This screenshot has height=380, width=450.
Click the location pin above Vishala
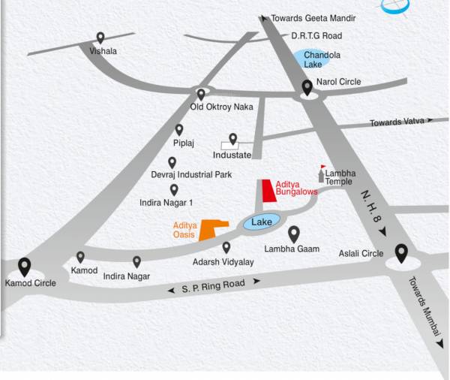(100, 38)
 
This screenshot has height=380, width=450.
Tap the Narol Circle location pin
(307, 88)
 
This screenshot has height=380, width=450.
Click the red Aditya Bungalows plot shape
(266, 191)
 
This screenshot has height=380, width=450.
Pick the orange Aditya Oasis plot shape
(211, 228)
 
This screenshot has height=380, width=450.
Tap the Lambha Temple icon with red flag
(322, 174)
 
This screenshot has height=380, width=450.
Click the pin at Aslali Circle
(401, 254)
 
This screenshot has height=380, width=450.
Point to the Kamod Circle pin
(25, 267)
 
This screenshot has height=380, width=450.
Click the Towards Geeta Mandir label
(313, 18)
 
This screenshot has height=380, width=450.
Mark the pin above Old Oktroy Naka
(201, 95)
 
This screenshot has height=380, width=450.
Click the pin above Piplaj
(179, 130)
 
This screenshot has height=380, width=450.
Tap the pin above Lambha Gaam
(294, 234)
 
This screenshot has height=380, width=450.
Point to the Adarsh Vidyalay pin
(226, 247)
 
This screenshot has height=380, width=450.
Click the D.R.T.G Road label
(316, 35)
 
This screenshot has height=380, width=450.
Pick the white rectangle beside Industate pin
(229, 144)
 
